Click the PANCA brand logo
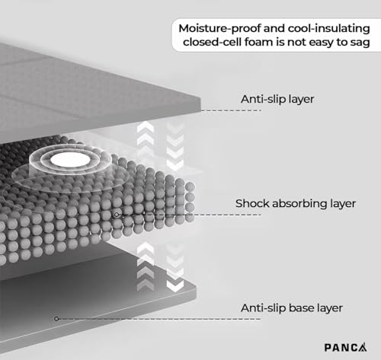(x=345, y=347)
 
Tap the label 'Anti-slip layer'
(x=277, y=99)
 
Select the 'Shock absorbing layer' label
(x=296, y=204)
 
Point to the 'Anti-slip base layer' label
(x=292, y=308)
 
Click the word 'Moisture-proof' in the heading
(x=219, y=28)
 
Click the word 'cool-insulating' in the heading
(x=328, y=28)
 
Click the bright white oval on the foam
(x=70, y=160)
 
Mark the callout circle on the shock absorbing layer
(x=117, y=215)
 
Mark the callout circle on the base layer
(x=56, y=319)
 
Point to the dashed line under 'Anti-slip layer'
(x=231, y=110)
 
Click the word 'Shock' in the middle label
(x=252, y=203)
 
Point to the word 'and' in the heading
(x=274, y=28)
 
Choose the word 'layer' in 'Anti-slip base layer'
(x=328, y=309)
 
